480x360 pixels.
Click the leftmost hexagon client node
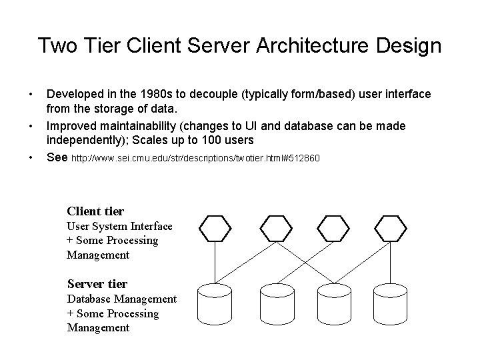click(216, 228)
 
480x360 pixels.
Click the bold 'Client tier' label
click(95, 211)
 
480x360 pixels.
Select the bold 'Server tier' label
click(97, 284)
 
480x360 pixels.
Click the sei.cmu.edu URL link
click(196, 159)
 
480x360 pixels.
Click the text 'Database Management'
click(121, 299)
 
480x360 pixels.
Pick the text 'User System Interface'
click(119, 227)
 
